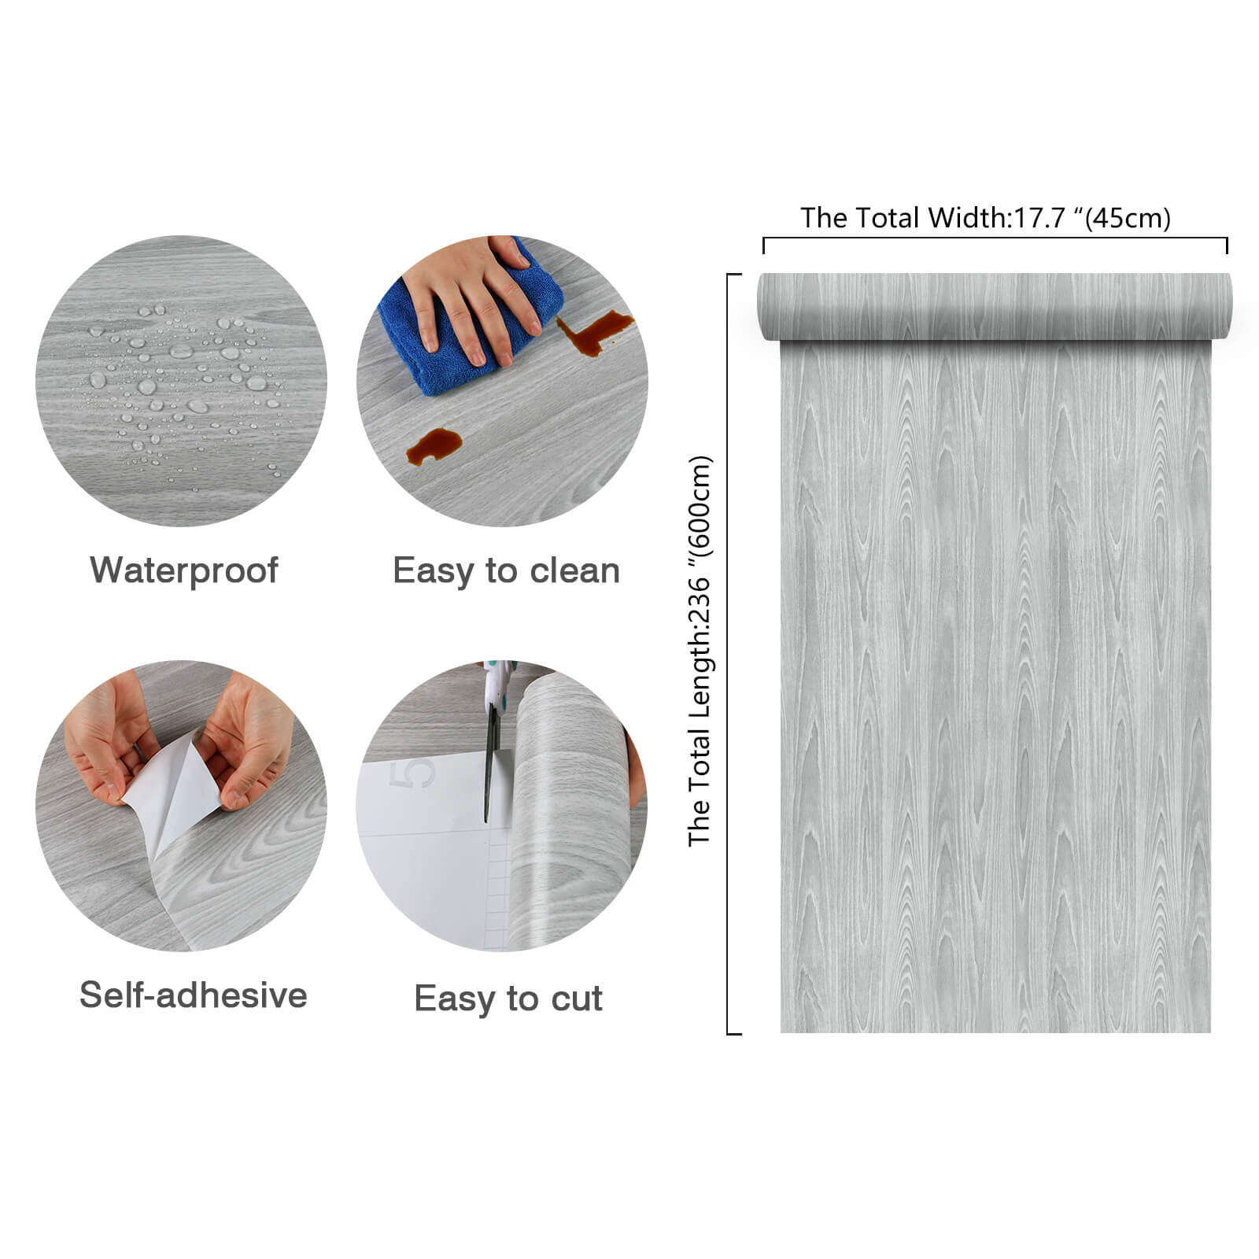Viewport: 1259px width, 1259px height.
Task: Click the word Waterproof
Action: click(x=183, y=570)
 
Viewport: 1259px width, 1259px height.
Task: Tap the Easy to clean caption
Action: click(x=506, y=570)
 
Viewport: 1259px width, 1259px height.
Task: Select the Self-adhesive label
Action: click(x=193, y=995)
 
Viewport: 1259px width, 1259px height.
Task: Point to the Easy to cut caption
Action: click(x=508, y=999)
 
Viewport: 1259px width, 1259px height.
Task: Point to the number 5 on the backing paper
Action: click(x=418, y=773)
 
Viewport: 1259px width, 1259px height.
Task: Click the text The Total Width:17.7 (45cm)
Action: click(x=985, y=217)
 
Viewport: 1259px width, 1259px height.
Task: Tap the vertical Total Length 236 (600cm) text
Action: click(x=699, y=651)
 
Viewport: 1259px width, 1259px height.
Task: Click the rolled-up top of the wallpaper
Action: click(x=995, y=307)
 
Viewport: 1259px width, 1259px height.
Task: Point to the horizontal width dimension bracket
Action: click(x=995, y=238)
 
